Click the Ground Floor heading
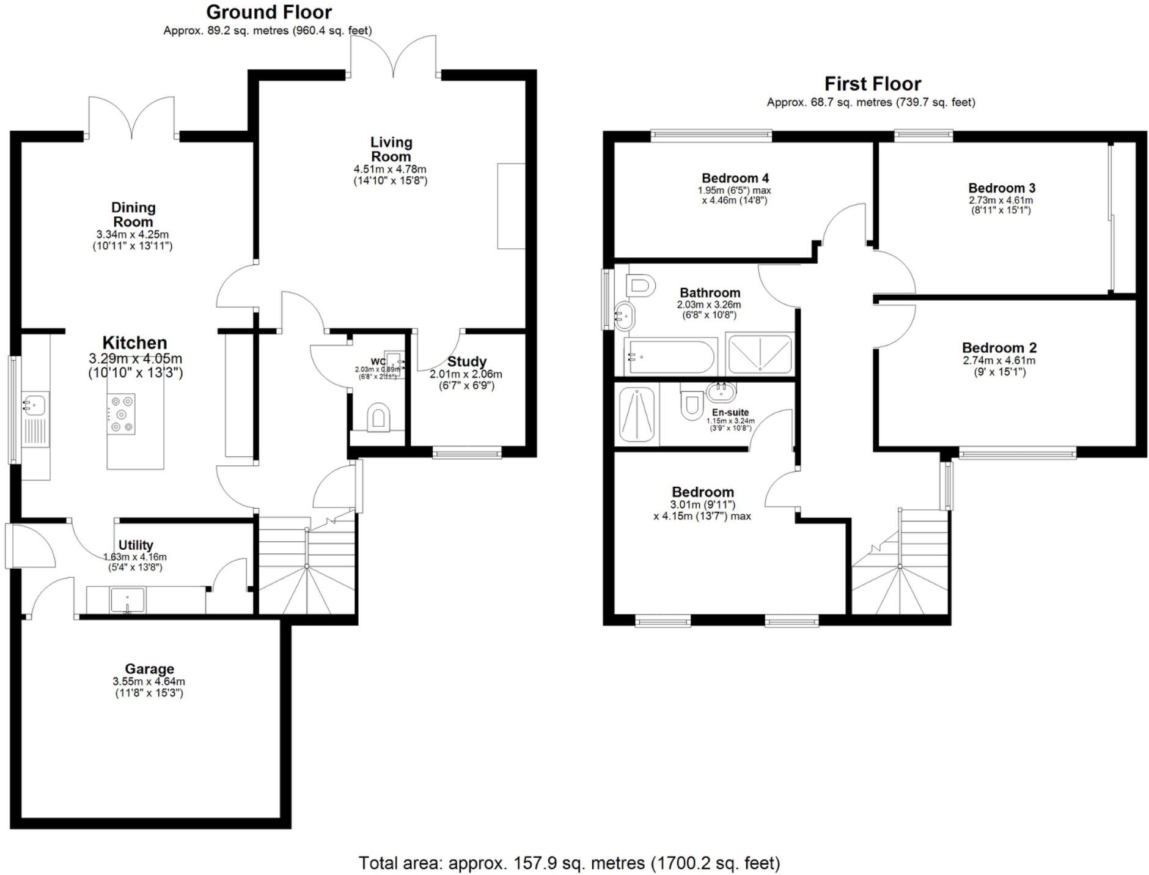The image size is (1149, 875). pos(269,12)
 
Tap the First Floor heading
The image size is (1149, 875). pos(872,84)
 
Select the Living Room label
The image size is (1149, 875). pos(391,149)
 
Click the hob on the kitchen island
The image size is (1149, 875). pos(121,415)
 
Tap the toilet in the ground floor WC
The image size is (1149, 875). pos(379,417)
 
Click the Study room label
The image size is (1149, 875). pos(466,361)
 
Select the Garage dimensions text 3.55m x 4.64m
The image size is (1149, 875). pos(149,681)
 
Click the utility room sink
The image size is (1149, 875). pos(127,599)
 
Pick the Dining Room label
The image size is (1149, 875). pos(133,215)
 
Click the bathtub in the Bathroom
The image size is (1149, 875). pos(670,356)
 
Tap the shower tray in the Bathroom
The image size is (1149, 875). pos(760,353)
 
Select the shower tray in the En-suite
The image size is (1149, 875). pos(637,414)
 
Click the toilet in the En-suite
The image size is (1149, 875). pos(691,404)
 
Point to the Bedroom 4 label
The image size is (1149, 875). pos(735,178)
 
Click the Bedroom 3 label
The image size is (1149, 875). pos(1002,188)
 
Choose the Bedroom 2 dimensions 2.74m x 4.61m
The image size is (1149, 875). pos(999,361)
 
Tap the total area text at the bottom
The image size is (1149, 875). pos(569,863)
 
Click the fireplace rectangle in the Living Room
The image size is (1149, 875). pos(511,206)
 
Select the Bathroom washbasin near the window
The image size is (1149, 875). pos(625,315)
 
